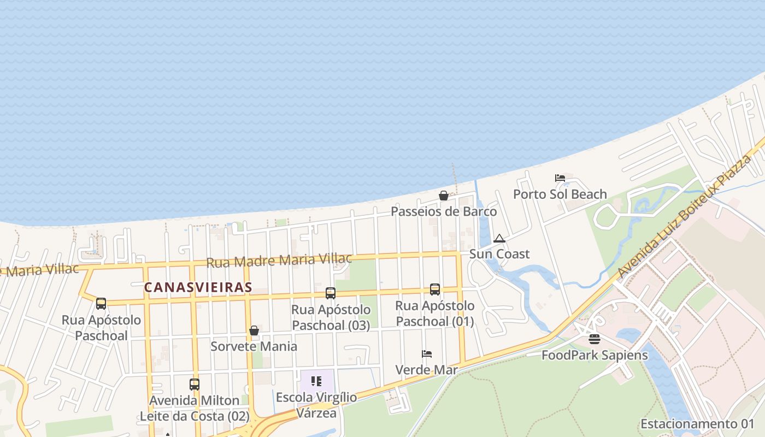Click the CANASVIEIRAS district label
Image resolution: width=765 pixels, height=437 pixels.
(x=198, y=287)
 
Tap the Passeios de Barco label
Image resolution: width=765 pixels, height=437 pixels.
(x=444, y=211)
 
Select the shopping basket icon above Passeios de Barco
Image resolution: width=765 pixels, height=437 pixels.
(x=444, y=196)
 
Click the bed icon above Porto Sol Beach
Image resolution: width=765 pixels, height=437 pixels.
(x=560, y=178)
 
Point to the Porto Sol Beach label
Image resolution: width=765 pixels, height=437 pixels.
(x=560, y=194)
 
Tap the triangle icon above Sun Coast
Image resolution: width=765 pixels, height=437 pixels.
(x=499, y=239)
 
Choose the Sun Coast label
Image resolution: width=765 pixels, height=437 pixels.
(x=499, y=254)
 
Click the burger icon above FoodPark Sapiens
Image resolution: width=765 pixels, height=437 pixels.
(x=595, y=339)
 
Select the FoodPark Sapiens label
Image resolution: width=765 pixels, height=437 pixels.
(x=595, y=355)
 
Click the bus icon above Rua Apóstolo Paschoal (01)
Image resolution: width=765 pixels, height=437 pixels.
(x=435, y=290)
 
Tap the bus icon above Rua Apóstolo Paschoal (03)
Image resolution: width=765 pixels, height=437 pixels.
(x=331, y=293)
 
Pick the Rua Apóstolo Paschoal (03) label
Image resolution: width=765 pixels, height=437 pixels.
(x=331, y=317)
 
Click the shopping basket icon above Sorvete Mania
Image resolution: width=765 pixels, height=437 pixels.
(x=254, y=330)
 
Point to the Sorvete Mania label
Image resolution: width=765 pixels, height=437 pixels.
(x=254, y=346)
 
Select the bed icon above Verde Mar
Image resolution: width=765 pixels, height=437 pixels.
(x=427, y=354)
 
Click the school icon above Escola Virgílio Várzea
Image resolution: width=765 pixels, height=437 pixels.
(x=316, y=381)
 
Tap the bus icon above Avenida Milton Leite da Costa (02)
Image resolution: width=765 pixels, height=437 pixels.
(x=194, y=384)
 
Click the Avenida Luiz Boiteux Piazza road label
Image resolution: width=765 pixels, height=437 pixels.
(x=685, y=215)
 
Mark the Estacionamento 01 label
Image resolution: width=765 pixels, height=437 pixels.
(x=697, y=424)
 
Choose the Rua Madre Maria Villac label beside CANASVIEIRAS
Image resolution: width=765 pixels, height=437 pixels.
(x=279, y=260)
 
